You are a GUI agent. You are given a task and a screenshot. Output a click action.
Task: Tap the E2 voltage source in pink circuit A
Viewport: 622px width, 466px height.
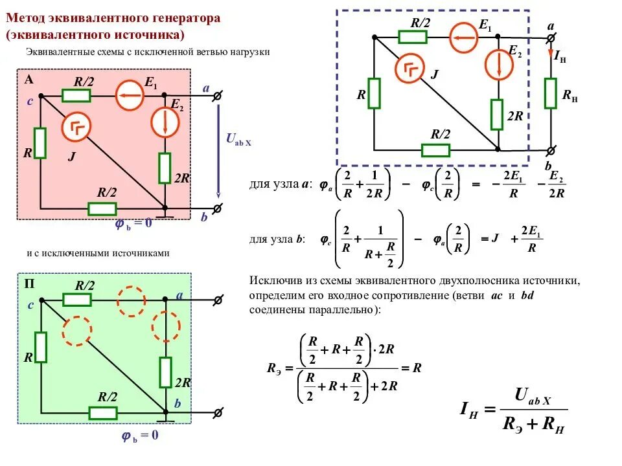[x=165, y=121]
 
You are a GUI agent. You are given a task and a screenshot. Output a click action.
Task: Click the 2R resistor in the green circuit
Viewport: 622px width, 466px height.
[x=166, y=372]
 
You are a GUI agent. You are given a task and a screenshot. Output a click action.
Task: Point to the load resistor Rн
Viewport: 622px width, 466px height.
[x=551, y=93]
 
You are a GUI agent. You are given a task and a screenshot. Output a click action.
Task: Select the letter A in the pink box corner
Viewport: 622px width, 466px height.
[x=29, y=80]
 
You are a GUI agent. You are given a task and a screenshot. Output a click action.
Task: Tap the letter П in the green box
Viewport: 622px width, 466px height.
[x=30, y=284]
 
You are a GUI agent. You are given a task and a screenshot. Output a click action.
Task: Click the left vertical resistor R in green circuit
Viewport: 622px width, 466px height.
[x=40, y=348]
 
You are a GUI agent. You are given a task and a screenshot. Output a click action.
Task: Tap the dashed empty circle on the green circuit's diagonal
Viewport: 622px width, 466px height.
[x=76, y=331]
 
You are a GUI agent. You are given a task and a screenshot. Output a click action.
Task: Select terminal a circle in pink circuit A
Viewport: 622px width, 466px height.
[x=218, y=96]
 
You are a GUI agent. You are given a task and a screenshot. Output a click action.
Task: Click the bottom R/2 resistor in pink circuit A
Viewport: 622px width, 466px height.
[x=102, y=208]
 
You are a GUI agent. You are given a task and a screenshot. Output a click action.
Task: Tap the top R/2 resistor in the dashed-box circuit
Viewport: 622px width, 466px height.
[x=412, y=37]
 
